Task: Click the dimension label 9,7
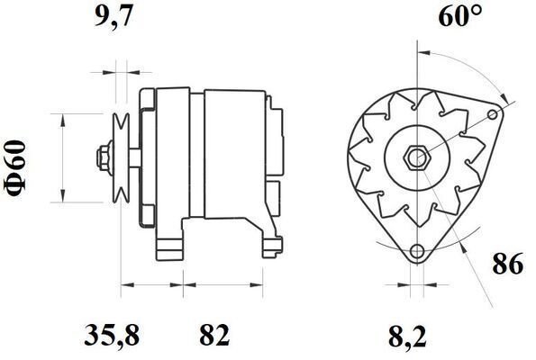[x=114, y=16]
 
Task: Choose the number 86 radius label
[x=508, y=264]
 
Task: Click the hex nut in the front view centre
[x=416, y=158]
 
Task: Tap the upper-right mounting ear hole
[x=493, y=114]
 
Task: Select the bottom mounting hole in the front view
[x=417, y=252]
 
